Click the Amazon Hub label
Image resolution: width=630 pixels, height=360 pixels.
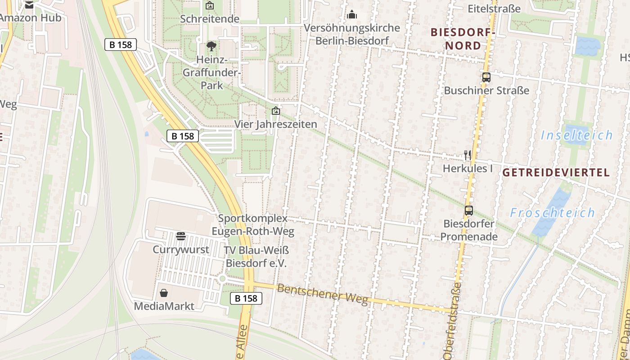(31, 18)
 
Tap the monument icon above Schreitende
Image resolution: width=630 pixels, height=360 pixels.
(210, 6)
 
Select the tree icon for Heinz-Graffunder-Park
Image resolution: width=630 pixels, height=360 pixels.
(211, 46)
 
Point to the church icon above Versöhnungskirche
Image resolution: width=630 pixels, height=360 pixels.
(352, 15)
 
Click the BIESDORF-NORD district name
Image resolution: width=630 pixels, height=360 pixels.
(463, 39)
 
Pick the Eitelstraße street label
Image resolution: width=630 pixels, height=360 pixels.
(494, 9)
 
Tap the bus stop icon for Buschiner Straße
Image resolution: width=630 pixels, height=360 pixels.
(486, 77)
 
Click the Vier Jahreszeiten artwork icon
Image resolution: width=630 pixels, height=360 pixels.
(275, 111)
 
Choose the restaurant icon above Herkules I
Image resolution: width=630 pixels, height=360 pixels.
(468, 155)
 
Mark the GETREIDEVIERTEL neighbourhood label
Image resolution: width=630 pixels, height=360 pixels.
(556, 172)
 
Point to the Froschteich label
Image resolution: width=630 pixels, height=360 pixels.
(553, 212)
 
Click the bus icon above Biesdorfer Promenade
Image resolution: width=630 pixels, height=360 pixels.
(469, 210)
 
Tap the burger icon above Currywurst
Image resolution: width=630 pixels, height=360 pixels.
(181, 236)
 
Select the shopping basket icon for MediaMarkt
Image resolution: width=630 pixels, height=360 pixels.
(164, 293)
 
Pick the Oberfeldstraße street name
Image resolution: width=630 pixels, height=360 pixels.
(453, 320)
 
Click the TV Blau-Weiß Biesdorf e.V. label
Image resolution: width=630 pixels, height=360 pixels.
(256, 257)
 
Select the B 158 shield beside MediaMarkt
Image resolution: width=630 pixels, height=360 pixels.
(246, 298)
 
